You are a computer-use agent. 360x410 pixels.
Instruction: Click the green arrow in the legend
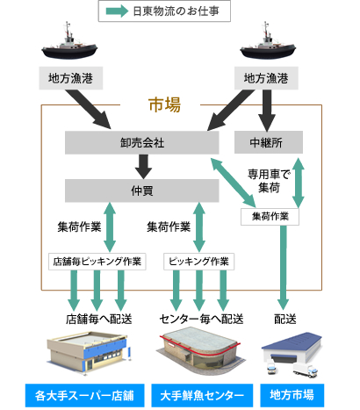coord(117,11)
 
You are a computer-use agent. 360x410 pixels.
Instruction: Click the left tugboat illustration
coord(69,41)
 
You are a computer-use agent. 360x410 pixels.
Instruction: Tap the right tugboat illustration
coord(268,41)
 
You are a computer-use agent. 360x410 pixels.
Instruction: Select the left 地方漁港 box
coord(71,78)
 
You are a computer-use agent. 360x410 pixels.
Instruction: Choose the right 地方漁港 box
coord(266,78)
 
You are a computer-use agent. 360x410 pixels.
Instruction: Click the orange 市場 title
coord(164,104)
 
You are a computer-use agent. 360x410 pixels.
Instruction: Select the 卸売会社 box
coord(142,142)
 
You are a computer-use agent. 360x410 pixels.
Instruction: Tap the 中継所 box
coord(269,142)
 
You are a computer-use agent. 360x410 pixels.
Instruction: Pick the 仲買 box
coord(142,191)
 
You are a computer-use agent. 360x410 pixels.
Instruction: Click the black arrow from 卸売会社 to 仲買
coord(143,167)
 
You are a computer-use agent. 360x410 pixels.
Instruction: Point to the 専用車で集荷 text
coord(269,181)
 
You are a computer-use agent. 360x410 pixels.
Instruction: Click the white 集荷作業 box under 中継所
coord(270,217)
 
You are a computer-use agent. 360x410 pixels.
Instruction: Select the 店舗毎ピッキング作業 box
coord(97,262)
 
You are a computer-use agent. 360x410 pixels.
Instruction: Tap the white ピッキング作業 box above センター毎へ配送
coord(198,262)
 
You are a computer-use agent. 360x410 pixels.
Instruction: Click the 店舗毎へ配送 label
coord(98,319)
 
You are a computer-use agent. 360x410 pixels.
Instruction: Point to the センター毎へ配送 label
coord(201,319)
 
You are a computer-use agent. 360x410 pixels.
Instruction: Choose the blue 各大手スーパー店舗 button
coord(84,395)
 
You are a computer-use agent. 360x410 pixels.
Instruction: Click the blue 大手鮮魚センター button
coord(202,395)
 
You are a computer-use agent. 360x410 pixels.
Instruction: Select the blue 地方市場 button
coord(292,395)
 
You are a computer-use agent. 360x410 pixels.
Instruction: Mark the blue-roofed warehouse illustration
coord(292,355)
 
